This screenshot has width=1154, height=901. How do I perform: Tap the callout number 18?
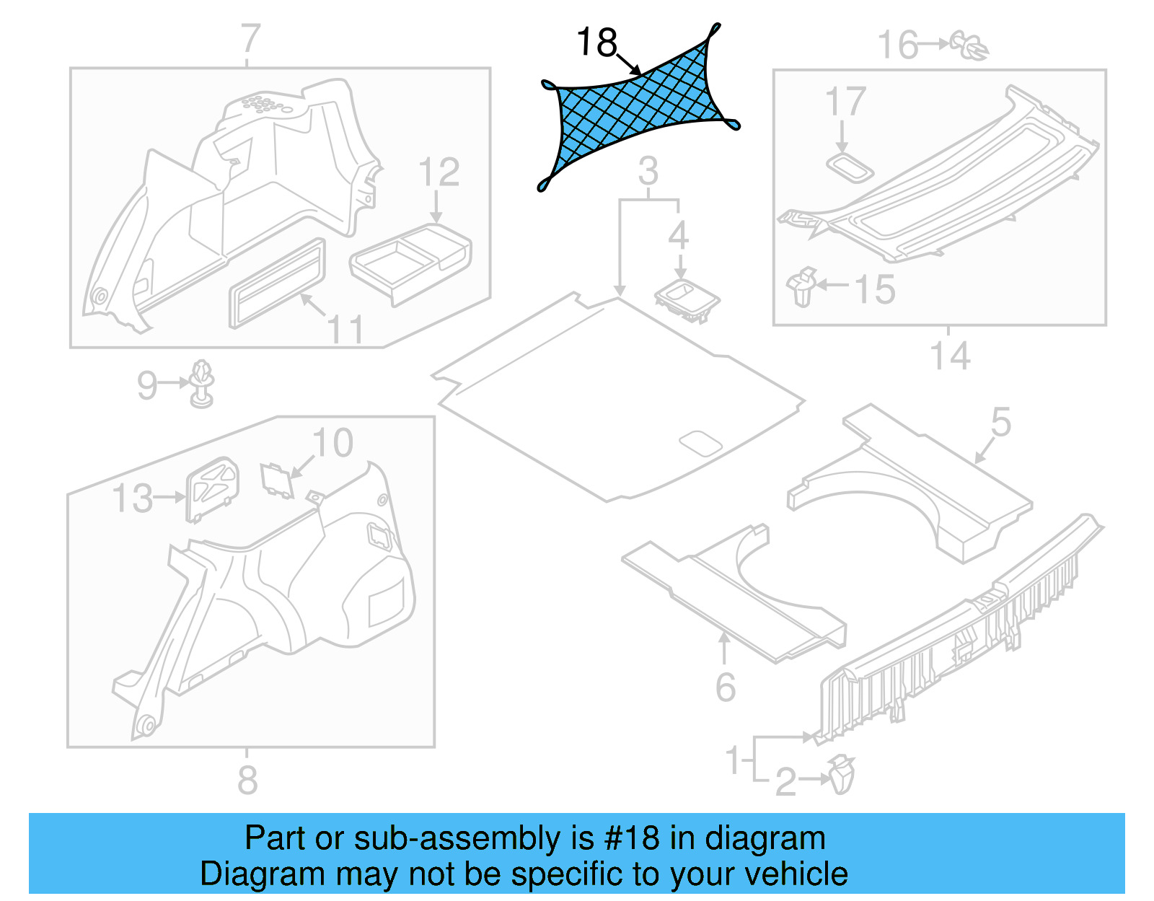coord(596,43)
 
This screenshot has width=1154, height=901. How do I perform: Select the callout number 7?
coord(249,39)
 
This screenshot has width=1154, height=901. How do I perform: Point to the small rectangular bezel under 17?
coord(850,168)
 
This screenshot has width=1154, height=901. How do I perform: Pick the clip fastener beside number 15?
coord(802,287)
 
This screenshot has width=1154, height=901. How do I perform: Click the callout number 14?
coord(949,356)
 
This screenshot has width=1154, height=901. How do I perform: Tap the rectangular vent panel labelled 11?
coord(276,284)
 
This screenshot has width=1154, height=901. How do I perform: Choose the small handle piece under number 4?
coord(687,300)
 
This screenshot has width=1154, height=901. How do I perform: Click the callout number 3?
coord(648,172)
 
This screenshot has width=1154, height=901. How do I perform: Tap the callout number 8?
coord(247,780)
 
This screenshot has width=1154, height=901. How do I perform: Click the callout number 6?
coord(725,687)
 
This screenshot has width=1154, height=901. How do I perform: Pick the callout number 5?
coord(1000,421)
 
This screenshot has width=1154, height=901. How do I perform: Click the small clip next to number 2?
coord(841,775)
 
